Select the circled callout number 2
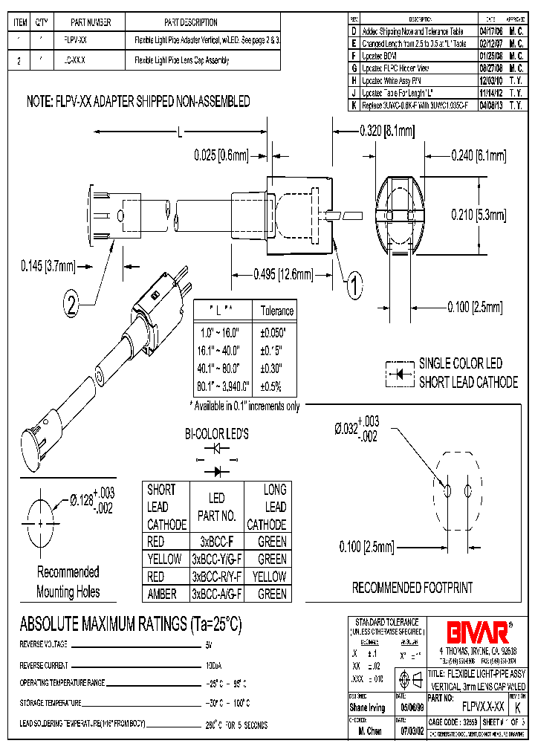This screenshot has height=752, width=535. point(72,302)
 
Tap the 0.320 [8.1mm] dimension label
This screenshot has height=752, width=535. point(386,131)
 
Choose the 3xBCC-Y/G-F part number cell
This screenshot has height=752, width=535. point(217,560)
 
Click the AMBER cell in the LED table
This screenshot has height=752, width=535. point(162,594)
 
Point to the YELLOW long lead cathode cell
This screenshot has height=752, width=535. point(271,577)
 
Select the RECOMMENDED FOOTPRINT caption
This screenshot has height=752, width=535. point(412,588)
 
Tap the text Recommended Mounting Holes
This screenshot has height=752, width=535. point(68,582)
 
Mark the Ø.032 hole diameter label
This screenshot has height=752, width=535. point(357,430)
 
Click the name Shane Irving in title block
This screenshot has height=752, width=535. point(367,707)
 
